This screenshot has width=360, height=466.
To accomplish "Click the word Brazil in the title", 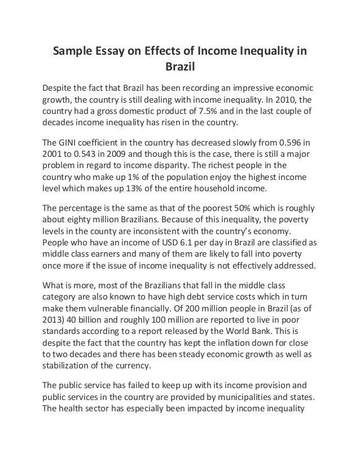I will pyautogui.click(x=179, y=68).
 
